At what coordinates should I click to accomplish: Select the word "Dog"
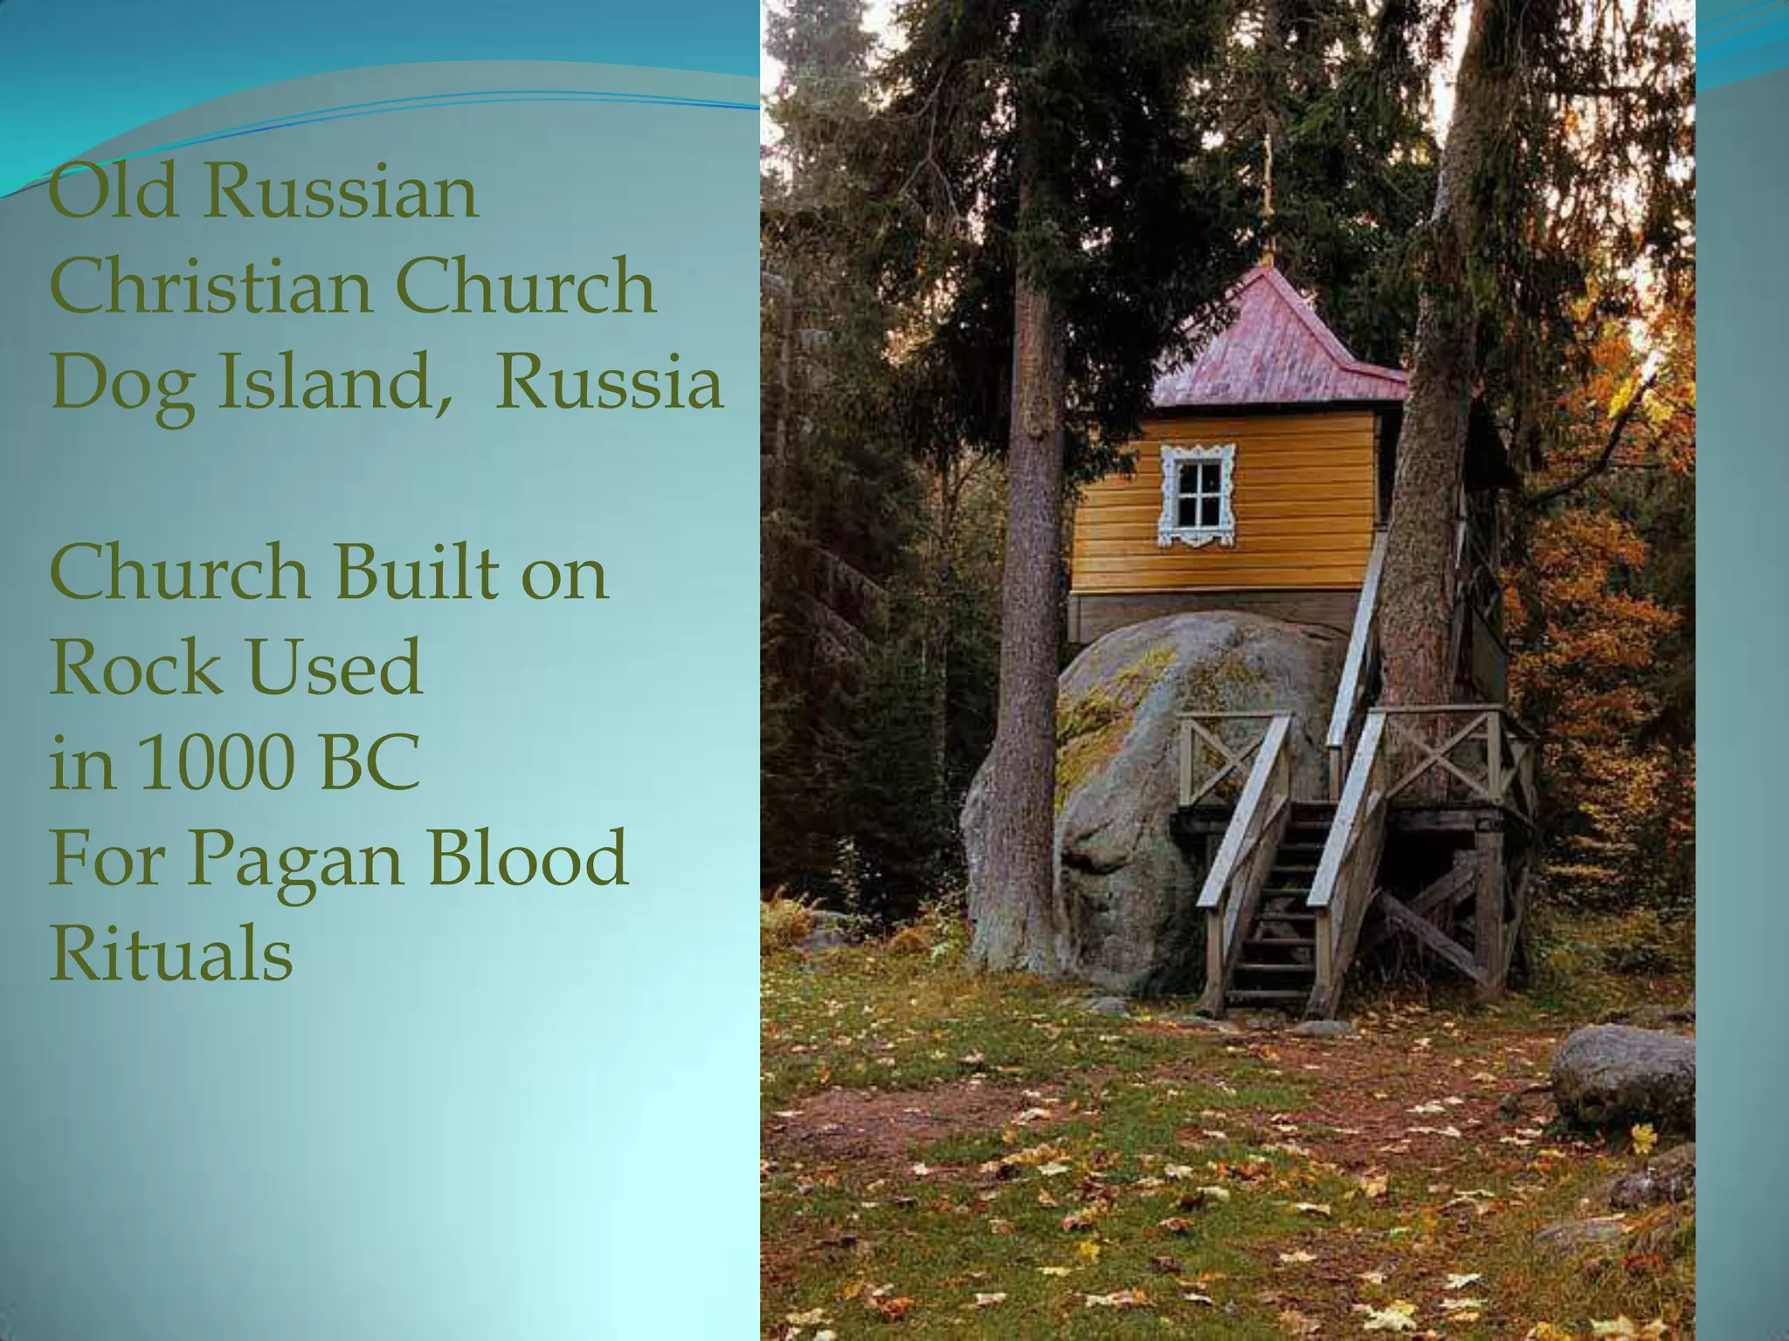121,384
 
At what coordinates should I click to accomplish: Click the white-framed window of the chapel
1197,495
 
